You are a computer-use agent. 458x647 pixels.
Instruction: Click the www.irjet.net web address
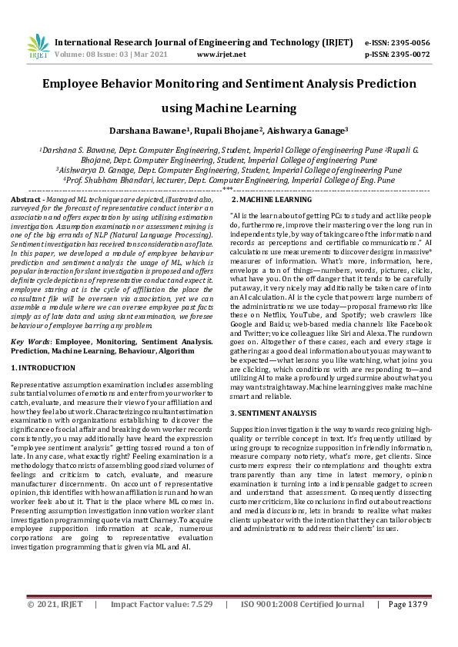(x=222, y=55)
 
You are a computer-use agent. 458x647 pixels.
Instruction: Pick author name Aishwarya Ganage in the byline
(x=304, y=131)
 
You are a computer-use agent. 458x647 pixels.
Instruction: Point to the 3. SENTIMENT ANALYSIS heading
(x=273, y=413)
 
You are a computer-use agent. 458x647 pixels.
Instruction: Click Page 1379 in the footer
(x=407, y=626)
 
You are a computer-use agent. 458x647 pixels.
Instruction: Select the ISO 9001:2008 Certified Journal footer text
(x=303, y=626)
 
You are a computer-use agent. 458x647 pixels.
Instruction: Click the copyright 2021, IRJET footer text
(x=56, y=626)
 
